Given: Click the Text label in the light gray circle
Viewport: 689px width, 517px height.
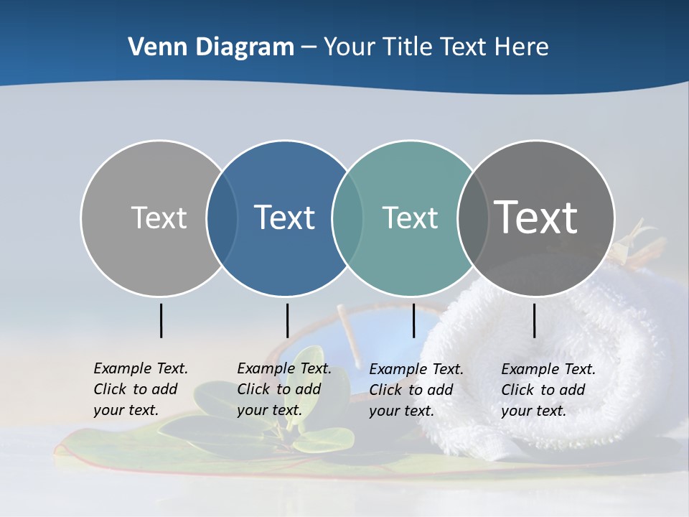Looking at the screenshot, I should (159, 218).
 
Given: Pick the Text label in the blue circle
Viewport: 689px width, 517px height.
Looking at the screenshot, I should (285, 218).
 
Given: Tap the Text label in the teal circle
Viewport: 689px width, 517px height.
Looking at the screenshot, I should (410, 218).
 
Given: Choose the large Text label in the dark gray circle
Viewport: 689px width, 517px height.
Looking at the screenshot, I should (536, 218).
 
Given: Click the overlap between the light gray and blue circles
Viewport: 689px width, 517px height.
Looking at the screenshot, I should (222, 218).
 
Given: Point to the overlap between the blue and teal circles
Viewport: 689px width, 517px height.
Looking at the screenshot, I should (347, 218).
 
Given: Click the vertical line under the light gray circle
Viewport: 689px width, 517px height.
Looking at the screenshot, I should (161, 320).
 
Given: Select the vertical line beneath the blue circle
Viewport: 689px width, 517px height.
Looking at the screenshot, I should (287, 320).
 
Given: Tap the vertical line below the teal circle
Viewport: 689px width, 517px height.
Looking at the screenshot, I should (413, 320).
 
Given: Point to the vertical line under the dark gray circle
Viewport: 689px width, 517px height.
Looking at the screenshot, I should (534, 320).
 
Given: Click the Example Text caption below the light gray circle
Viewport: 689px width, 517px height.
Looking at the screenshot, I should (140, 389).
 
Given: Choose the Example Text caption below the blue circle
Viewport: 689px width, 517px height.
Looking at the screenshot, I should (283, 389).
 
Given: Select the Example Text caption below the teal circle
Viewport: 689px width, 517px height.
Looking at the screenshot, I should (416, 390).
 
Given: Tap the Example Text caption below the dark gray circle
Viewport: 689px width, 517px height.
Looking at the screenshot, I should (548, 390).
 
